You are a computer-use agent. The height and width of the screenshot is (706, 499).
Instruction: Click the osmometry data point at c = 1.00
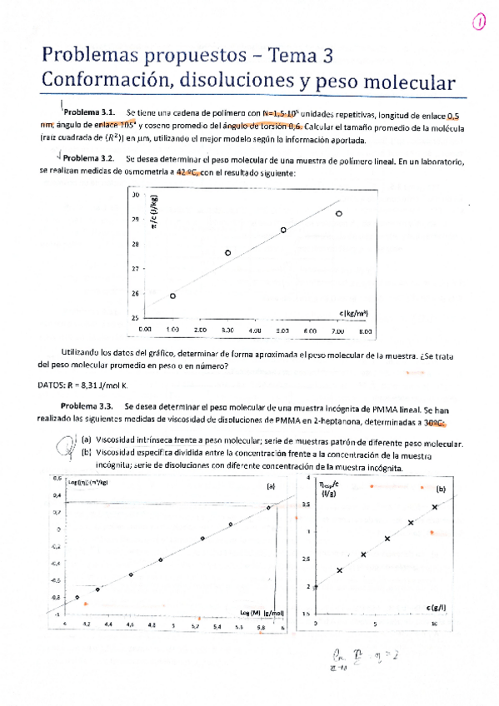click(x=172, y=296)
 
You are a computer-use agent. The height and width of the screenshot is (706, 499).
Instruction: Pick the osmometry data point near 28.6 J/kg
click(x=283, y=230)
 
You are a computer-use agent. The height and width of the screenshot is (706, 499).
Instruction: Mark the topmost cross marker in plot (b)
click(x=434, y=506)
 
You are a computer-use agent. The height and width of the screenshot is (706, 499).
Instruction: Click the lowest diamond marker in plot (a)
click(x=77, y=597)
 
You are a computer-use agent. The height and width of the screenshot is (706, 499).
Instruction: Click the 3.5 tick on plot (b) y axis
click(x=328, y=505)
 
